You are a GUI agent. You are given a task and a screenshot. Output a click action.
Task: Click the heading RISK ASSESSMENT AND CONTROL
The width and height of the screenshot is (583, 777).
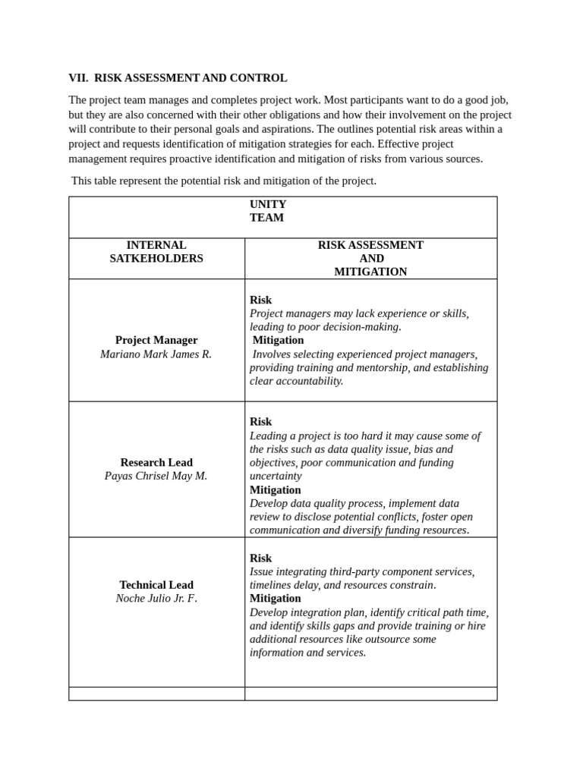point(191,77)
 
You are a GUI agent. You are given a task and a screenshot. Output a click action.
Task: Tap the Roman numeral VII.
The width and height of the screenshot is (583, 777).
point(78,77)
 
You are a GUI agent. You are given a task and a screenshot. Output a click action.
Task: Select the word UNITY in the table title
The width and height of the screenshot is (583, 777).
point(268,204)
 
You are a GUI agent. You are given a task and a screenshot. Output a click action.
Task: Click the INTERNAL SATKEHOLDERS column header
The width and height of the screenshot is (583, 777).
point(156,252)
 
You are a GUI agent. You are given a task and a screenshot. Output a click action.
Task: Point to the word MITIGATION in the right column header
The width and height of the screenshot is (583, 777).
point(370,272)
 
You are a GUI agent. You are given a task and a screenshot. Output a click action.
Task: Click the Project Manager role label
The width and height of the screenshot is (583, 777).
point(156,340)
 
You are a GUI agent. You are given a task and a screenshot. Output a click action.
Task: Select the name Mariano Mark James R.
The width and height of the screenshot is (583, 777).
point(156,354)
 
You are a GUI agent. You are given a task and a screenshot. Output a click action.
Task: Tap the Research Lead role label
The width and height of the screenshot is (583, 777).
point(156,462)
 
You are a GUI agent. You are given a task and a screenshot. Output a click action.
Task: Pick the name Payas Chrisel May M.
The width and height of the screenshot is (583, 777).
point(156,476)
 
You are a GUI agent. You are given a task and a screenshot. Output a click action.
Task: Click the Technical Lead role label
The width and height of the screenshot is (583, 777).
point(156,584)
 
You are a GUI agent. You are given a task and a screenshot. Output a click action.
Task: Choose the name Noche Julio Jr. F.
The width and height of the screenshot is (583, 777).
point(156,598)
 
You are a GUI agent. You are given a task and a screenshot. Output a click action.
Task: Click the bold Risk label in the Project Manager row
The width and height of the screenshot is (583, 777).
point(260,300)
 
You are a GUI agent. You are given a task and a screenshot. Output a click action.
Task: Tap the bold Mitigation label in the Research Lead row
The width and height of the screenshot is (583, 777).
point(276,489)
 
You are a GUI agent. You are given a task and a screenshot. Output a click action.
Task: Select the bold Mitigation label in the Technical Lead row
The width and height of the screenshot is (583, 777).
point(276,598)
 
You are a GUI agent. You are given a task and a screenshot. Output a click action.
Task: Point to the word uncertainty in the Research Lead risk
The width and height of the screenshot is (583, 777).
point(276,476)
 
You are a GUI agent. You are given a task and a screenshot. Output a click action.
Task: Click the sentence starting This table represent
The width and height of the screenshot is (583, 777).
point(224,181)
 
